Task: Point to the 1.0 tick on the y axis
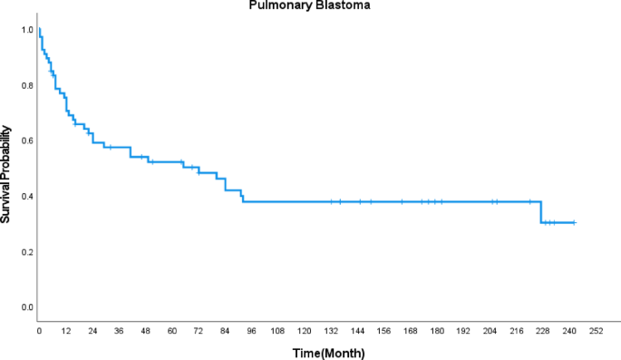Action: pyautogui.click(x=27, y=30)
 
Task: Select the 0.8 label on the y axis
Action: pyautogui.click(x=27, y=85)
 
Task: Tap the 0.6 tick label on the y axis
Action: pyautogui.click(x=27, y=141)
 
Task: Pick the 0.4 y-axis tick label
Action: pyautogui.click(x=27, y=197)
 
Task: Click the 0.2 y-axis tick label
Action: pyautogui.click(x=27, y=252)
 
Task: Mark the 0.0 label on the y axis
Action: pyautogui.click(x=27, y=307)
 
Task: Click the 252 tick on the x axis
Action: pyautogui.click(x=597, y=332)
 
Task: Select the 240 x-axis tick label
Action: pyautogui.click(x=570, y=332)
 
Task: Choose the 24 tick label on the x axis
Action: pyautogui.click(x=92, y=332)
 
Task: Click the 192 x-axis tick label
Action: pyautogui.click(x=464, y=332)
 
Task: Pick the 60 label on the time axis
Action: pyautogui.click(x=171, y=332)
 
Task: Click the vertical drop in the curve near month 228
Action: pyautogui.click(x=541, y=212)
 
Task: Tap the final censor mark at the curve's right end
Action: pyautogui.click(x=574, y=222)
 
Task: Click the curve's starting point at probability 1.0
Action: pyautogui.click(x=39, y=30)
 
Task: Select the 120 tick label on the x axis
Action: pyautogui.click(x=305, y=332)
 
